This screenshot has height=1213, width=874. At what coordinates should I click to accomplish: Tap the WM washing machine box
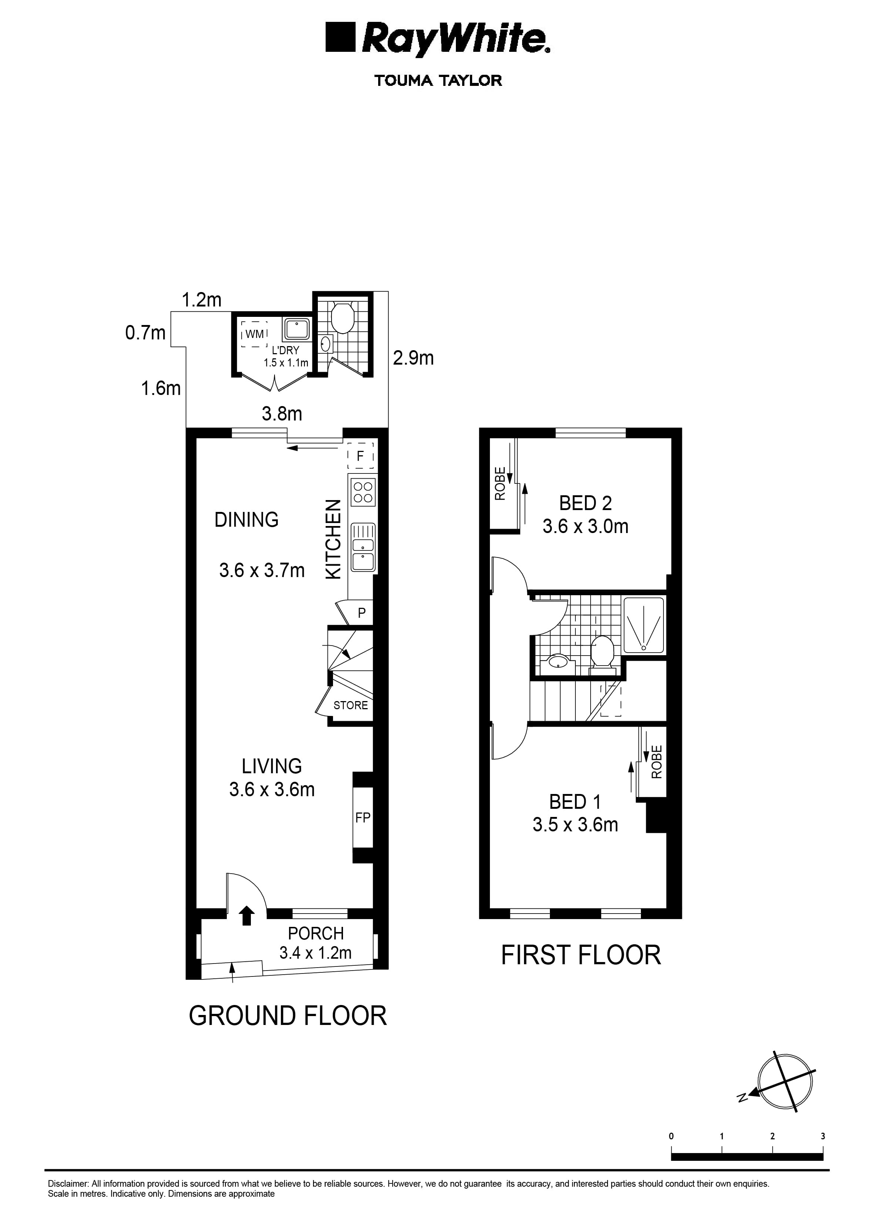pos(255,334)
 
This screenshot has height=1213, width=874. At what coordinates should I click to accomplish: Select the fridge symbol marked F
pos(360,456)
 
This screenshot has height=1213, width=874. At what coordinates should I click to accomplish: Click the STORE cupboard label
pos(351,706)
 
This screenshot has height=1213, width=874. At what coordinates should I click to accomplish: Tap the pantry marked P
pos(362,613)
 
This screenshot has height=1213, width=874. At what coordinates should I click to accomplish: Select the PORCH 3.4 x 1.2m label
pos(315,943)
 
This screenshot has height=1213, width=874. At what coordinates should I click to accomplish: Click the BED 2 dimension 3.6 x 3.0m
pos(585,526)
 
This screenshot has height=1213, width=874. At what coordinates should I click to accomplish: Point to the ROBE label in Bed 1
pos(657,762)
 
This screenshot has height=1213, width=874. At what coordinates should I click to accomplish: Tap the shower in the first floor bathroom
pos(644,625)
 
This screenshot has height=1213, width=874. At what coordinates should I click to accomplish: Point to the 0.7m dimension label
pos(145,333)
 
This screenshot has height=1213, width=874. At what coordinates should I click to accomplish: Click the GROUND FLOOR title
pos(288,1016)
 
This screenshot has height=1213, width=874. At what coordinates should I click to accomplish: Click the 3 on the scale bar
pos(823,1136)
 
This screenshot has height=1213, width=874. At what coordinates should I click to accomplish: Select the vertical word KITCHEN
pos(333,539)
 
